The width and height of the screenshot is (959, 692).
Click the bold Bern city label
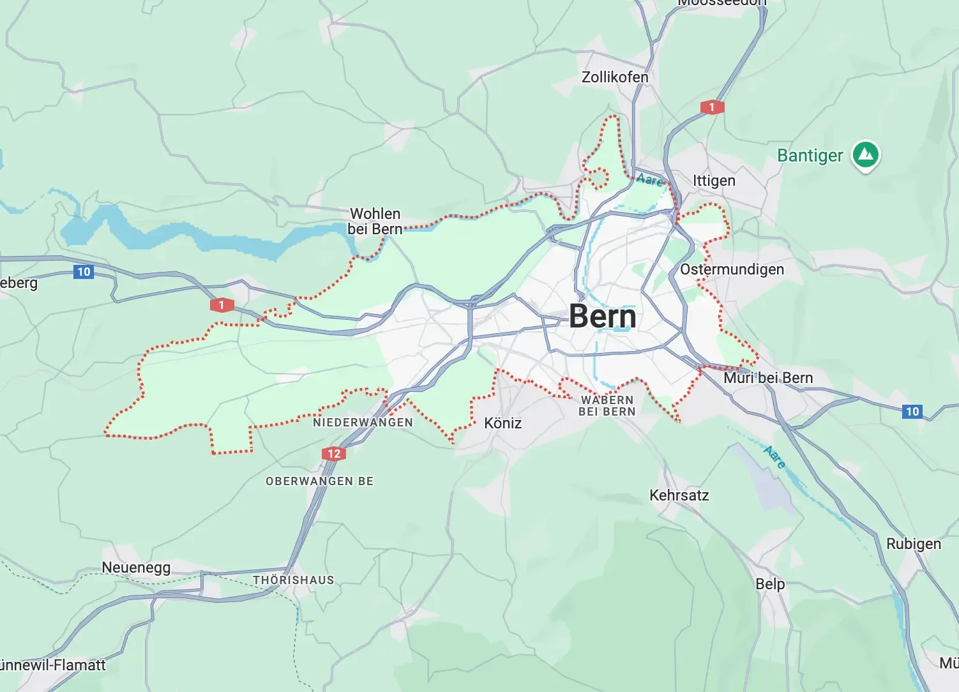[x=602, y=317]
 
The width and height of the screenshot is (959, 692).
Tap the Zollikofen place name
[x=614, y=77]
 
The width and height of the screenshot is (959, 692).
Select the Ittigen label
[x=714, y=181]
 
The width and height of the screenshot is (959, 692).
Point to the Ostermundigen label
[x=732, y=269]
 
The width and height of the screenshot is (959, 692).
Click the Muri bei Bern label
[x=768, y=378]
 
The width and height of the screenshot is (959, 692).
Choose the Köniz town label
[x=502, y=423]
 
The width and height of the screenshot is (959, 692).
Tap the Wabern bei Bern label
[x=607, y=406]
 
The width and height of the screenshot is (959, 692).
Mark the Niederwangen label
[x=363, y=423]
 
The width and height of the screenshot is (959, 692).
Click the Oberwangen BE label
[x=319, y=481]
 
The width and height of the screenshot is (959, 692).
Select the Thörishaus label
[x=293, y=580]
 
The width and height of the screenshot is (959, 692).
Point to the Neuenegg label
[x=136, y=568]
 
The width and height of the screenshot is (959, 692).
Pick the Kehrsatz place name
[x=679, y=495]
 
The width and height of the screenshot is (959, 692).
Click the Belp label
[x=770, y=584]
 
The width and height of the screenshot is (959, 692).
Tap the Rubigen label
[x=913, y=544]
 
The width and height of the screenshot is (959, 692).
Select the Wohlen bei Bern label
[x=375, y=222]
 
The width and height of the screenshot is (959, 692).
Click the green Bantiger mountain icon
[x=866, y=155]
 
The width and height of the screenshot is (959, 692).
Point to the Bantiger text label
[x=810, y=156]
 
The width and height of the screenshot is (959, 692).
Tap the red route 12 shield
[x=334, y=454]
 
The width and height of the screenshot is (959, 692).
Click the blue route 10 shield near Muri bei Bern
[x=912, y=412]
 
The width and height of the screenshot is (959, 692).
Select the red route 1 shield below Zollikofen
[x=712, y=107]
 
